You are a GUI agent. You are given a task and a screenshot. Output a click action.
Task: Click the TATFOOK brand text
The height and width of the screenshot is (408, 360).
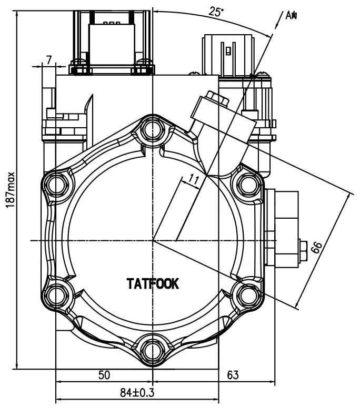click(153, 284)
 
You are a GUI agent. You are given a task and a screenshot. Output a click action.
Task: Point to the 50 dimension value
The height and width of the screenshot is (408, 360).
click(105, 375)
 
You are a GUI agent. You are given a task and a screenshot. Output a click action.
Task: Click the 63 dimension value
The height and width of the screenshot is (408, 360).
click(233, 375)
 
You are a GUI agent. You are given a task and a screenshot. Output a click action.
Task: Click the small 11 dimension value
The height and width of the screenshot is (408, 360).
click(194, 180)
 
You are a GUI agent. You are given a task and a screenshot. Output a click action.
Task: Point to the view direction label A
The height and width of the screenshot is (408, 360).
click(291, 15)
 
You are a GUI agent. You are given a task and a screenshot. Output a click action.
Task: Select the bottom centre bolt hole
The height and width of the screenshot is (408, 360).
click(153, 349)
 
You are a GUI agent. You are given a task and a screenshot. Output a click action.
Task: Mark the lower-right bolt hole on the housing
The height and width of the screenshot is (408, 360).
click(247, 293)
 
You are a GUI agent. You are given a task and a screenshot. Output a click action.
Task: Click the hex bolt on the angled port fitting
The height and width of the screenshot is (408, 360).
click(216, 98)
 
